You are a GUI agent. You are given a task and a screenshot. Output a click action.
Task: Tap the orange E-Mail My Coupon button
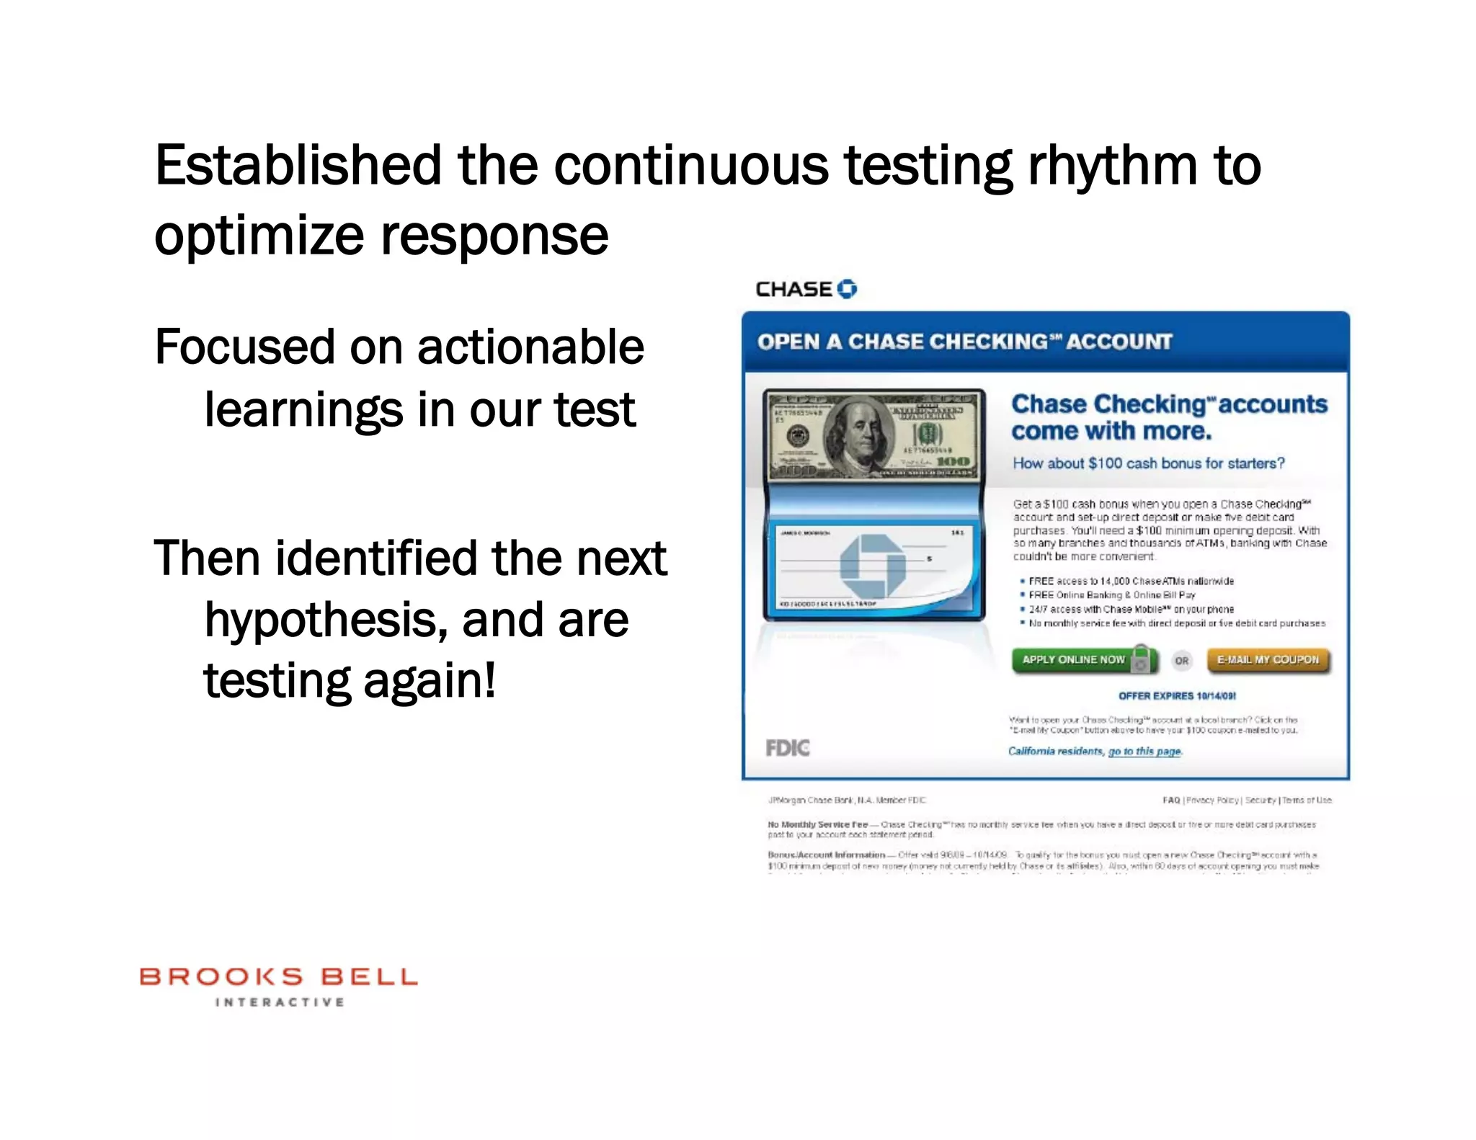(x=1268, y=660)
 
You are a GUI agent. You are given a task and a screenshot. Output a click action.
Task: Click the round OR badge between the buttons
(x=1182, y=661)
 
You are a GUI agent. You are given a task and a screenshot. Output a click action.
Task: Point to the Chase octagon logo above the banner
(x=848, y=289)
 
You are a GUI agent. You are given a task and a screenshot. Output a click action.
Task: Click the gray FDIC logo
(x=787, y=748)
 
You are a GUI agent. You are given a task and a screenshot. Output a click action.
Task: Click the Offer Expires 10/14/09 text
(x=1177, y=696)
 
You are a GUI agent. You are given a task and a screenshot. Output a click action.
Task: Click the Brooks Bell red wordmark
(x=278, y=977)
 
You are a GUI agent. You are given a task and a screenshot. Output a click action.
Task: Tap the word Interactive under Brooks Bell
(x=280, y=1002)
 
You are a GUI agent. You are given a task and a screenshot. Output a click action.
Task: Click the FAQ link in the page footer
(x=1170, y=801)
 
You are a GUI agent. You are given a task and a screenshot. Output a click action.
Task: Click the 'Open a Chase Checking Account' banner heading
(x=964, y=342)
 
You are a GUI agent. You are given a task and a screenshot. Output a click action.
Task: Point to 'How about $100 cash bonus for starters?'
(x=1148, y=463)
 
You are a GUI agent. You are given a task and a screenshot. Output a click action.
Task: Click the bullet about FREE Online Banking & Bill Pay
(x=1111, y=595)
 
